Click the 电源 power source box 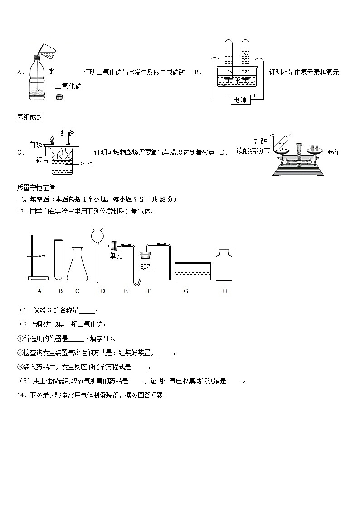pos(239,100)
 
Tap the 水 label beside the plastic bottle pos(52,71)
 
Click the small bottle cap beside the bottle pos(58,97)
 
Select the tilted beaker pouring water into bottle pos(46,50)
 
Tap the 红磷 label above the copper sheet pos(68,133)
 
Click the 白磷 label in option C pos(35,145)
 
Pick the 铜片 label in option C pos(43,160)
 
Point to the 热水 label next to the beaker pos(86,163)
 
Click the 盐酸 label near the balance pos(261,141)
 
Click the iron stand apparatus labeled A pos(35,258)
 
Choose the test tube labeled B pos(58,259)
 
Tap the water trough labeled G pos(193,271)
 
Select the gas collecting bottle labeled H pos(224,265)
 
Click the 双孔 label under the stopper pos(146,267)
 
